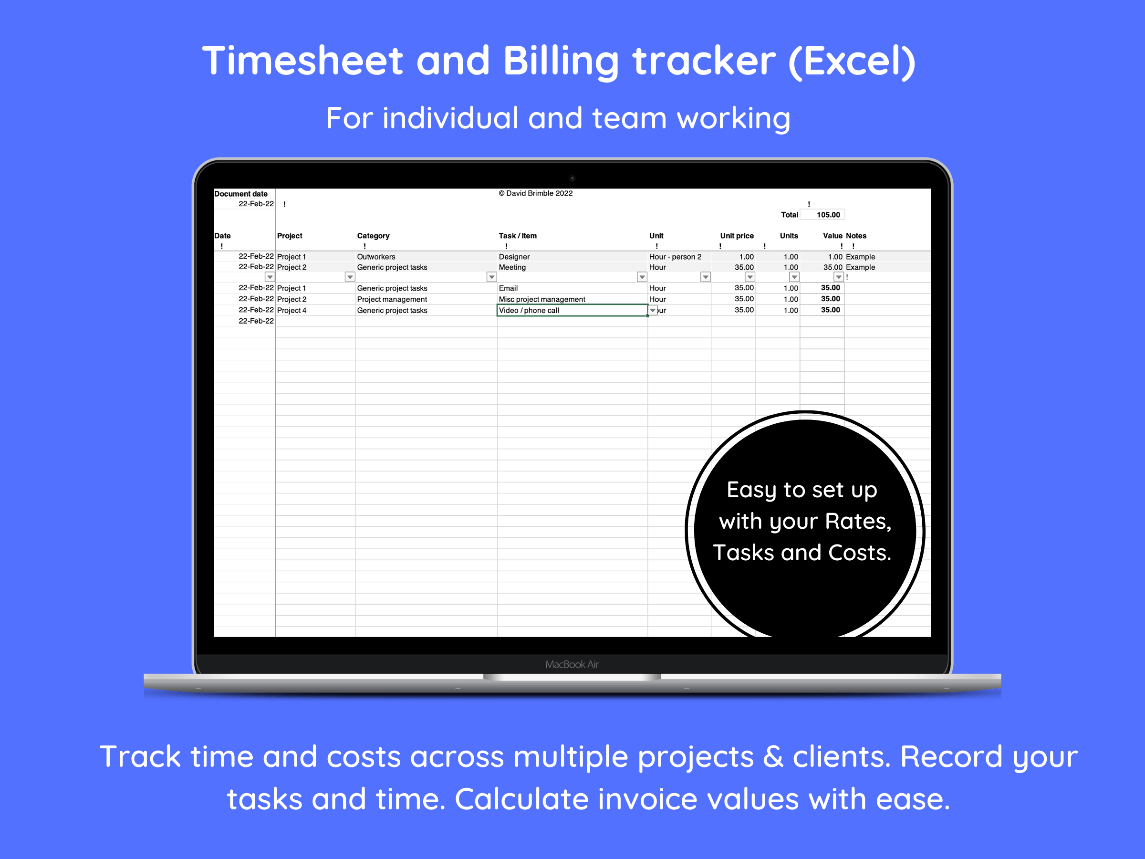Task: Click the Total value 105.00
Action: (x=828, y=215)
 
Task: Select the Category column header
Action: (x=373, y=236)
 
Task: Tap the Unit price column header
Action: (x=737, y=236)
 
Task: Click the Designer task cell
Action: (x=514, y=257)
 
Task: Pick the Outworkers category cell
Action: (x=376, y=257)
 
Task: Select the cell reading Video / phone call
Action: (x=529, y=310)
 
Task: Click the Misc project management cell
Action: (x=541, y=299)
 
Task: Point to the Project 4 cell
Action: (x=291, y=310)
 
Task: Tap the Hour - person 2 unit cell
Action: (x=675, y=257)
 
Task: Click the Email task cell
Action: (x=508, y=288)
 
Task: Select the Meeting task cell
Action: (x=512, y=267)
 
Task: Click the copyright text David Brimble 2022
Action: (x=535, y=193)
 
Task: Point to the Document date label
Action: (x=241, y=194)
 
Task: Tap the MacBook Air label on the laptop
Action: (x=572, y=664)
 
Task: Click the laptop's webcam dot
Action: (x=572, y=178)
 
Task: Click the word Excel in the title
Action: (x=852, y=61)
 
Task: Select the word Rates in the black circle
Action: (x=857, y=522)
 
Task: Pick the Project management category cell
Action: (x=392, y=299)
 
